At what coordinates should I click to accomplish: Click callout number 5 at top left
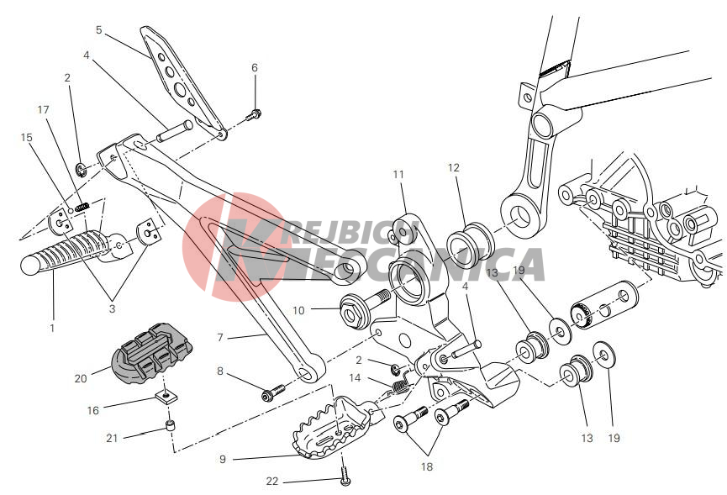tap(99, 29)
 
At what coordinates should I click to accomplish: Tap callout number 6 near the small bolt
tap(254, 67)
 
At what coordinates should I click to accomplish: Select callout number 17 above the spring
tap(44, 109)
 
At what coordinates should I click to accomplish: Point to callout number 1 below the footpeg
tap(52, 328)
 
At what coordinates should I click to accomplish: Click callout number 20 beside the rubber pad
tap(81, 378)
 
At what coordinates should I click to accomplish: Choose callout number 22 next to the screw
tap(271, 482)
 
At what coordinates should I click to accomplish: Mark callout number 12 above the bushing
tap(454, 168)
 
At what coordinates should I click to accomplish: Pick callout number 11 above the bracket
tap(398, 174)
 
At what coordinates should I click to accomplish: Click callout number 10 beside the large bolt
tap(298, 311)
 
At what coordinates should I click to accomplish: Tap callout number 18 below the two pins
tap(427, 466)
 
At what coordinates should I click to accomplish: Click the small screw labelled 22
tap(345, 477)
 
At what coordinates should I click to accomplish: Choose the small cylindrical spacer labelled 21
tap(171, 426)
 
